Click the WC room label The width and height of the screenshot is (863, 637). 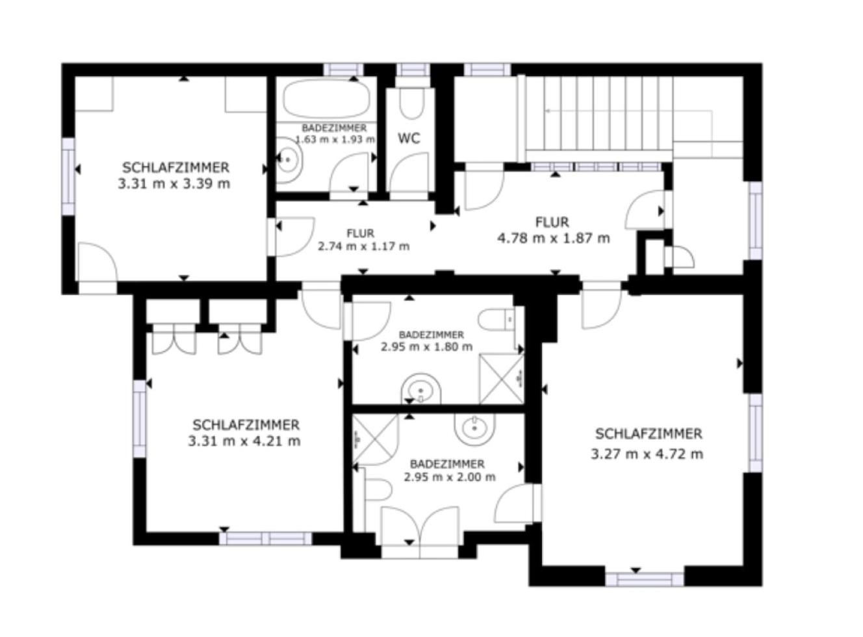pos(409,138)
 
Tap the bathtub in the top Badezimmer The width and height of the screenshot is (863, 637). pos(326,99)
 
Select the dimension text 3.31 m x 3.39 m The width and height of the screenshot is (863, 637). pos(174,183)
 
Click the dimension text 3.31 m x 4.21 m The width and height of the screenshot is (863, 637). pos(244,441)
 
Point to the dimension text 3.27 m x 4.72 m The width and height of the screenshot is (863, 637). pos(647,454)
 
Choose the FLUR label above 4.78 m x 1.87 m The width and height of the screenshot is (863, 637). pos(552,222)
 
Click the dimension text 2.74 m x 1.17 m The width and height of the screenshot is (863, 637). pos(364,246)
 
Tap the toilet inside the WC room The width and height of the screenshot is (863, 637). pos(411,104)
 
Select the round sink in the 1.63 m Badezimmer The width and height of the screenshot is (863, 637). pos(289,160)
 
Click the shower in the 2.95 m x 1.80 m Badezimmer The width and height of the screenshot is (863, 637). pos(502,378)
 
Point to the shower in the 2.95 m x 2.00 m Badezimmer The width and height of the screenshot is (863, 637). pos(376,440)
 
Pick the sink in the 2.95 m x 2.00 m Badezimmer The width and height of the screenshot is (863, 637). pos(474,428)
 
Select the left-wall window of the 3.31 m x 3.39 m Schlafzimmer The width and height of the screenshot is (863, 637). pos(68,176)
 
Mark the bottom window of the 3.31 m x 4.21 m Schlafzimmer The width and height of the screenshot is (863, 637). pos(266,538)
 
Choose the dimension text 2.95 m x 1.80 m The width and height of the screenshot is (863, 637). pos(427,346)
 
